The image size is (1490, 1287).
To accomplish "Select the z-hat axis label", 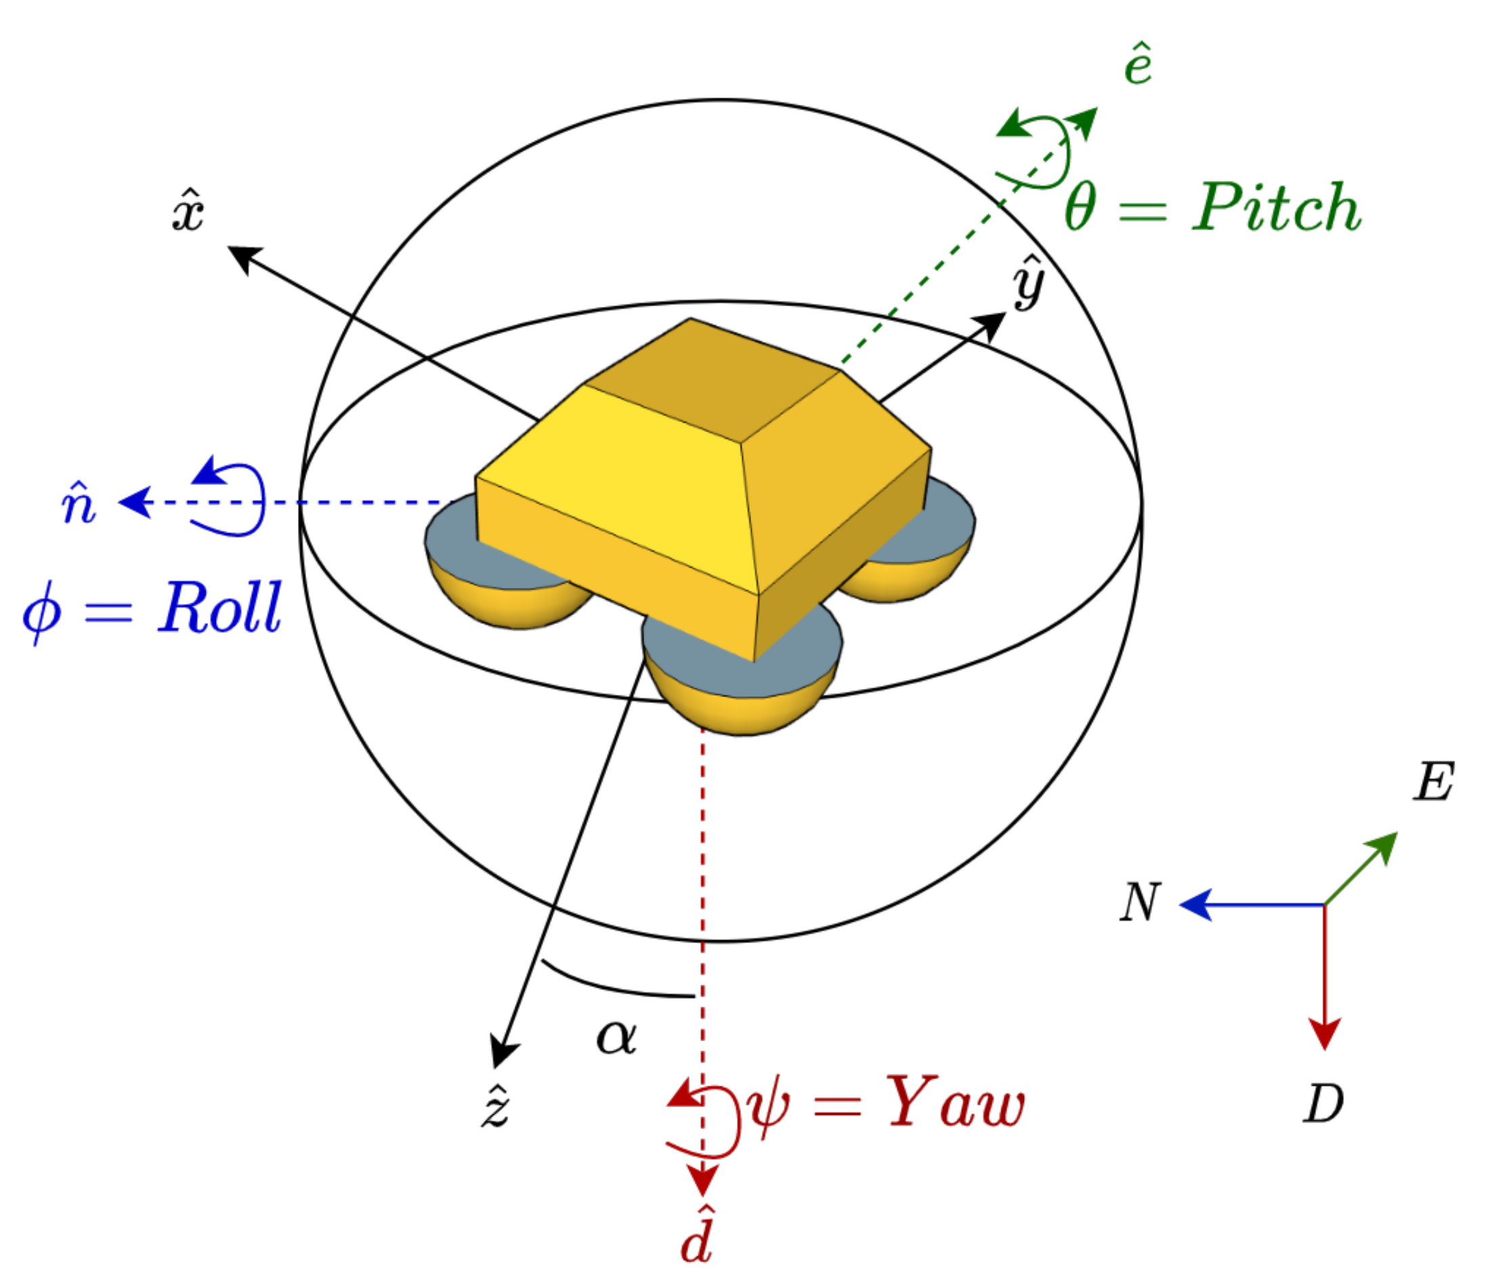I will [496, 1106].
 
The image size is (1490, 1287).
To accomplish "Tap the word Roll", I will [220, 608].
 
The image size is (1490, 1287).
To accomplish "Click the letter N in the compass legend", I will [1141, 902].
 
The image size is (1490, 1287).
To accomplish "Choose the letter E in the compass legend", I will [1433, 781].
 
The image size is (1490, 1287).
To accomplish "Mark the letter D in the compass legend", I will [1323, 1103].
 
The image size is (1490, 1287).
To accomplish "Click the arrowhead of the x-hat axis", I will [243, 258].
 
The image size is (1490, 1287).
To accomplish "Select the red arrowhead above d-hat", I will [702, 1181].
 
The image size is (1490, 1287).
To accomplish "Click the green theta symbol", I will [1080, 207].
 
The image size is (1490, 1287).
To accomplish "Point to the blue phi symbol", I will [42, 613].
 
